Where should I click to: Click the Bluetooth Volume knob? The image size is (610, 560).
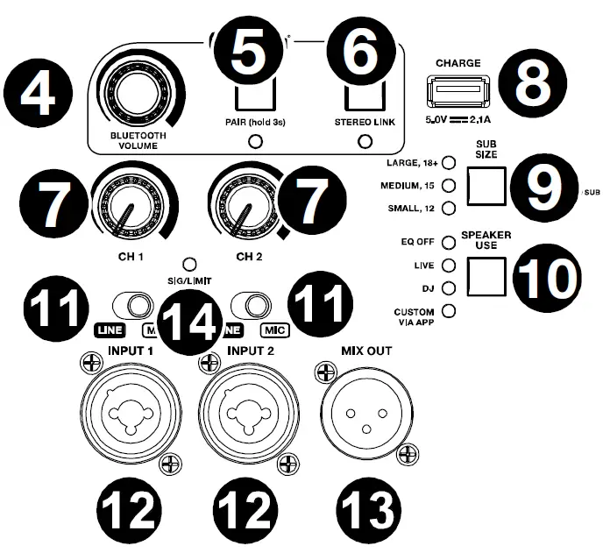point(138,94)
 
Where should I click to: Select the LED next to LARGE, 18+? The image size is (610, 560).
point(449,162)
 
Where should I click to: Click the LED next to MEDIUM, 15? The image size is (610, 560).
point(449,185)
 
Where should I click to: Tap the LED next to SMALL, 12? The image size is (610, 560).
point(449,208)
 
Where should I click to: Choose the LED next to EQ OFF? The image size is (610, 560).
point(449,239)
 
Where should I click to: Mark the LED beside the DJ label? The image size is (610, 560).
point(449,287)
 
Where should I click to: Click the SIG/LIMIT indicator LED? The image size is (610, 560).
point(189,262)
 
